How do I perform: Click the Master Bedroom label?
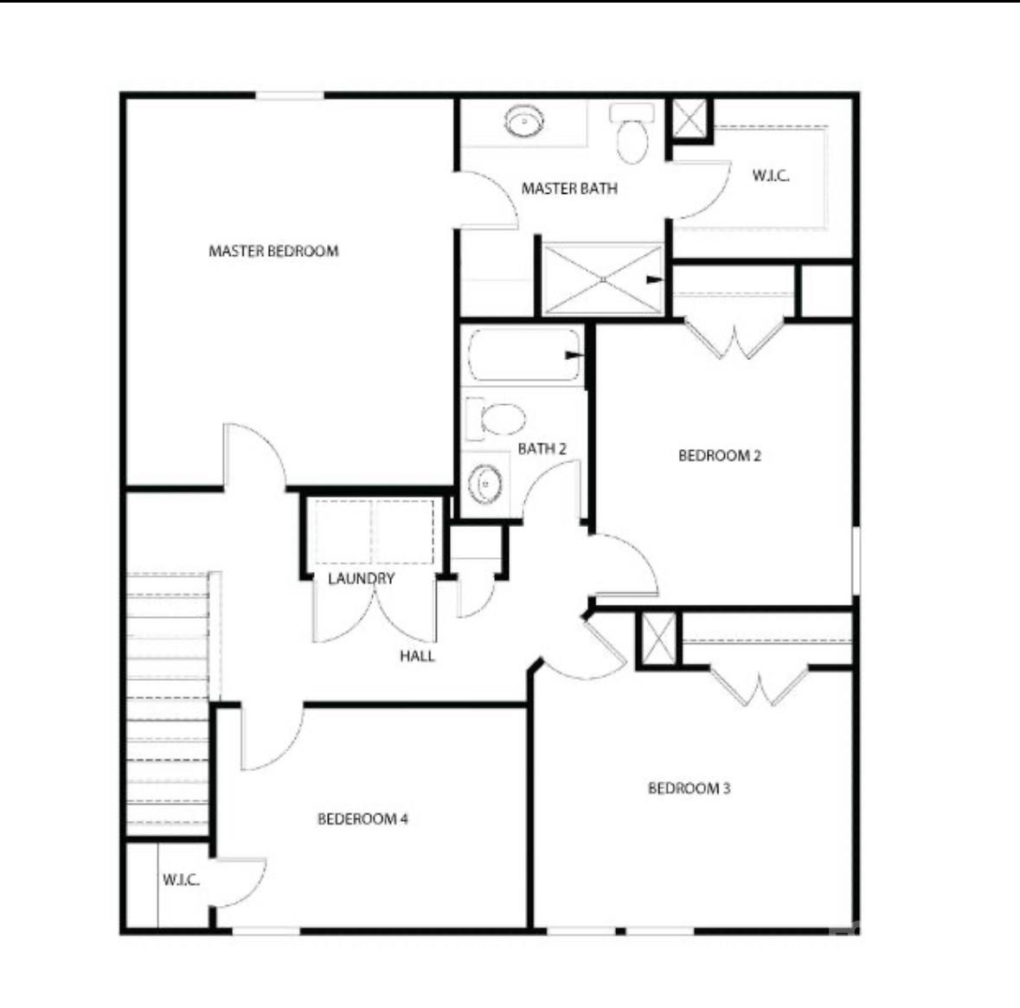coord(273,251)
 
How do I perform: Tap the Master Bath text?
coord(569,189)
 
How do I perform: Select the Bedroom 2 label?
coord(720,455)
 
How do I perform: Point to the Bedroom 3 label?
coord(689,789)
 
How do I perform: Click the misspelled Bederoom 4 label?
coord(362,819)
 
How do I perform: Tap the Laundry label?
coord(361,579)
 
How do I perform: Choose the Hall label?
coord(417,656)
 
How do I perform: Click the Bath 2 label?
coord(542,449)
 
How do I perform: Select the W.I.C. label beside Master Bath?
coord(771,176)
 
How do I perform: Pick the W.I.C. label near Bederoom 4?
coord(181,881)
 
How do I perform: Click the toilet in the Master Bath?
coord(632,134)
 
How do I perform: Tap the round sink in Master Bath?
coord(524,122)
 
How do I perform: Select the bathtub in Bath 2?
coord(524,356)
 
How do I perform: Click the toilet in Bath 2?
coord(496,419)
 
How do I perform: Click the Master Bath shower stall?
coord(604,279)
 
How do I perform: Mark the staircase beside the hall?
coord(168,703)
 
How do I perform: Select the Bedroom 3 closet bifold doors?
coord(759,685)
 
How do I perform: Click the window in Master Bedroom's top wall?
coord(290,96)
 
